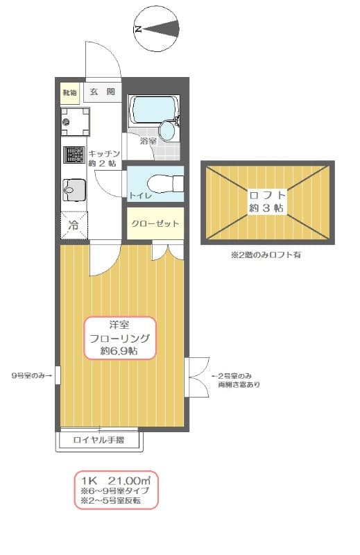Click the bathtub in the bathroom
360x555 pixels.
[x=153, y=108]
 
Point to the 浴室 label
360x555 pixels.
[x=148, y=141]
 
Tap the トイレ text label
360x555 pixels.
[x=141, y=196]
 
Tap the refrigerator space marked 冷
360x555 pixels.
[x=73, y=224]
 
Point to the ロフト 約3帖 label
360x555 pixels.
[x=267, y=200]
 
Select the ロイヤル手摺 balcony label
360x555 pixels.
[x=100, y=440]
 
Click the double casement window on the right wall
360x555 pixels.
[x=196, y=377]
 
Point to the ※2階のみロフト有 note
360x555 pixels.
[x=266, y=255]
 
